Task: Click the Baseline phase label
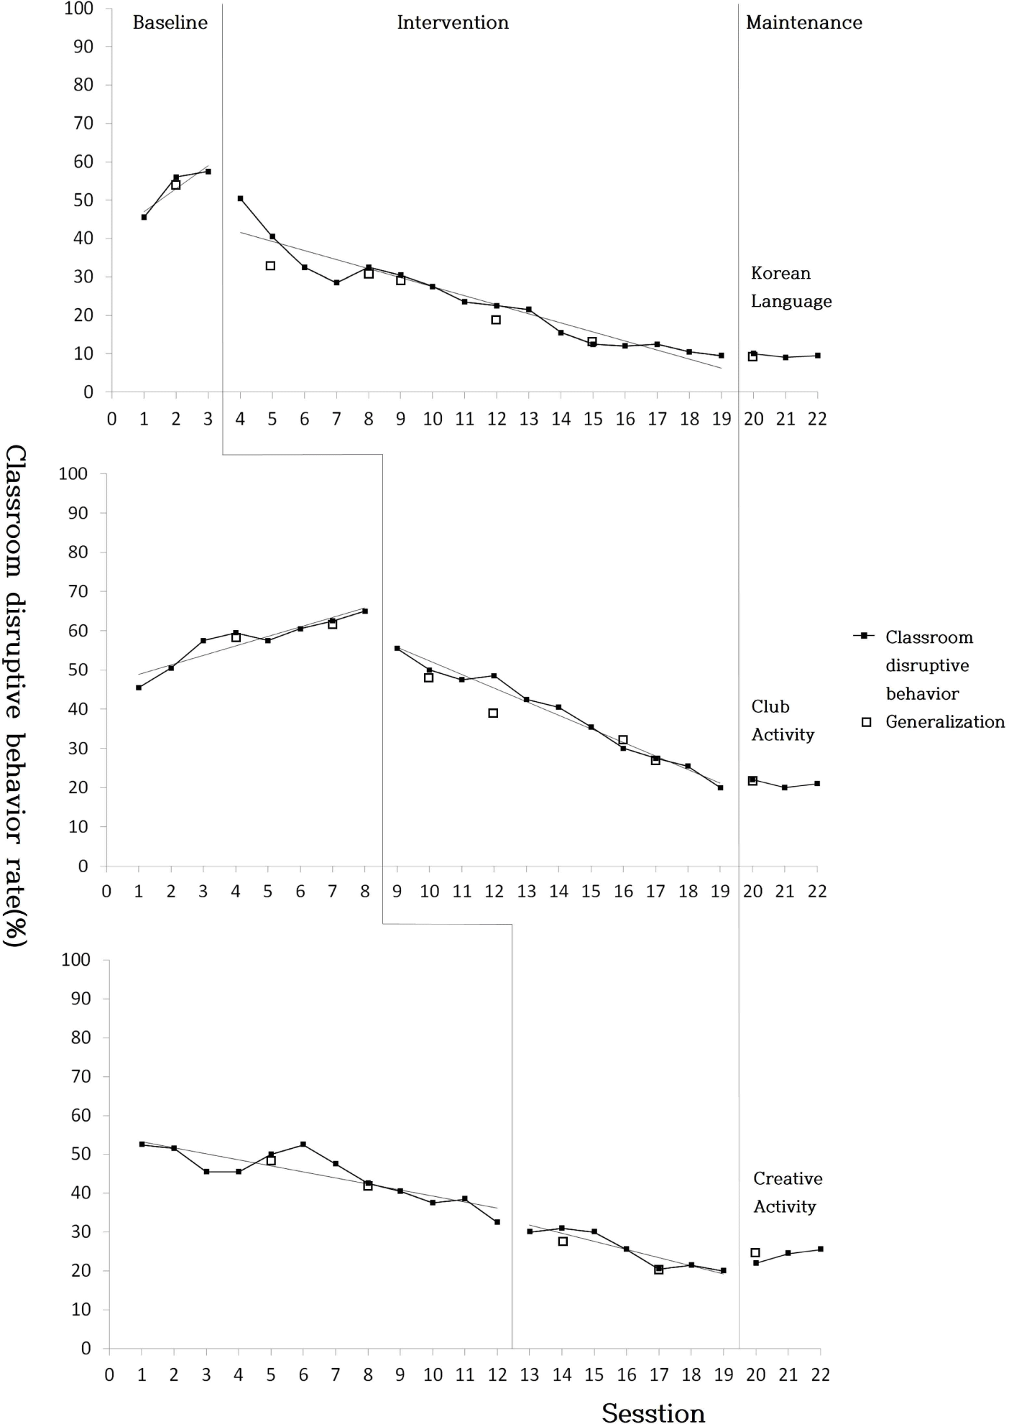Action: click(170, 23)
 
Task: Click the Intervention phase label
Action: click(453, 23)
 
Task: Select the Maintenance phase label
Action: click(803, 23)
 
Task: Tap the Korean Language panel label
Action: click(791, 287)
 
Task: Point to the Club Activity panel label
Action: click(783, 721)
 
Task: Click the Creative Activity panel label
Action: click(788, 1193)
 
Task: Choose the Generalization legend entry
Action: click(944, 722)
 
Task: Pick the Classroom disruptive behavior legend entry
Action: click(929, 665)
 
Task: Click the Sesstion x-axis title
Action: click(653, 1413)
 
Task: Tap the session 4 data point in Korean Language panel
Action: click(240, 198)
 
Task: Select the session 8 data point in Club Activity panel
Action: click(365, 611)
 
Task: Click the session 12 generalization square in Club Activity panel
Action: click(493, 713)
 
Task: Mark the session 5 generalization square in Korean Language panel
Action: click(271, 266)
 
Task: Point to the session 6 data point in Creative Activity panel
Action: click(303, 1145)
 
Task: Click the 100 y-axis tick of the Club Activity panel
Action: click(73, 474)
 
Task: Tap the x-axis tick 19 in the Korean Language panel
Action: click(722, 419)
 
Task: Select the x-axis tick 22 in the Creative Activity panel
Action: click(820, 1375)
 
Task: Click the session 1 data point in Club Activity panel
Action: click(139, 688)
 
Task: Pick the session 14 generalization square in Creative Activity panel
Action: click(563, 1242)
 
